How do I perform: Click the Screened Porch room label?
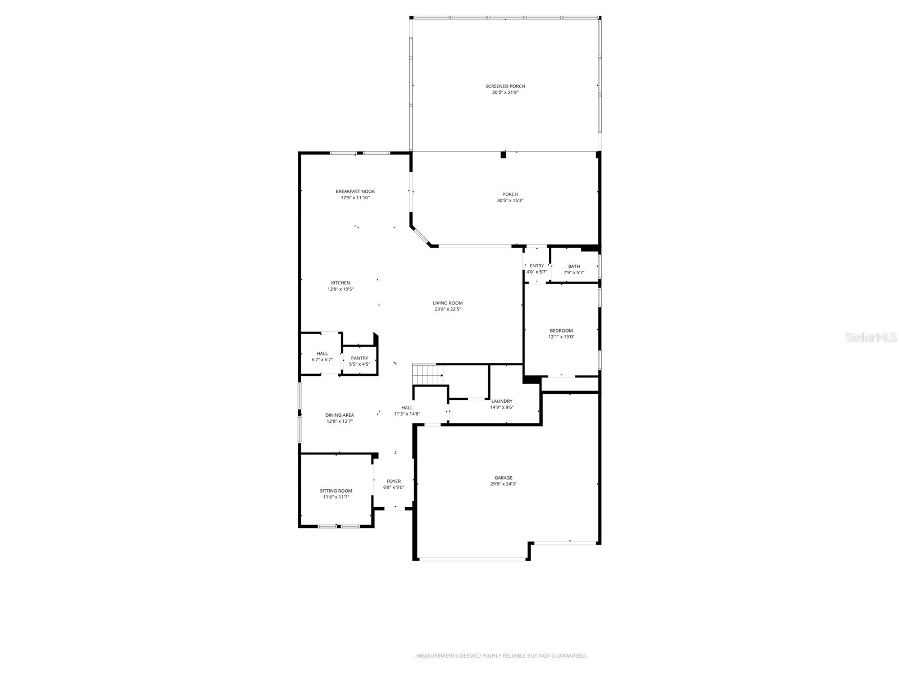point(505,86)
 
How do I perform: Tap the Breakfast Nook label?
point(355,192)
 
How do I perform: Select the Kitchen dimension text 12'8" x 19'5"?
point(340,289)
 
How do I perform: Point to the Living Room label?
point(448,303)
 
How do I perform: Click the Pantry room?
point(360,361)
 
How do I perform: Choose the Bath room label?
point(574,266)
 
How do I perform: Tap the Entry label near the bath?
point(537,266)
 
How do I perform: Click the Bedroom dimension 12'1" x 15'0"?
point(561,337)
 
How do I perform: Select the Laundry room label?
point(502,401)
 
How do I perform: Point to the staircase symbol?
point(428,374)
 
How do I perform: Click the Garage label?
point(503,478)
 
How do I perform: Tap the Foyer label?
point(394,481)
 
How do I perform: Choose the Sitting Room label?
point(336,491)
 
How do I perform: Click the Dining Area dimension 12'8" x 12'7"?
point(339,421)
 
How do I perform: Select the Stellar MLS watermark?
point(873,338)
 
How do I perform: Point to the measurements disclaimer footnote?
point(500,655)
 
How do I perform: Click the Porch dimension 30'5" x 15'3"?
point(510,201)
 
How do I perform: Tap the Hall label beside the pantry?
point(322,354)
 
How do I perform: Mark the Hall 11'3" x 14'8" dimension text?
point(407,414)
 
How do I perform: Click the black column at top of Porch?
point(503,155)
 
